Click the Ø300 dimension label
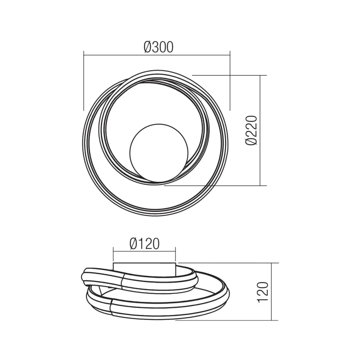(158, 46)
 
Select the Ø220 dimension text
(252, 130)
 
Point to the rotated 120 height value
(264, 292)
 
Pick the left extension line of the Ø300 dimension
(84, 81)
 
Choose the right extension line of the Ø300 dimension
(230, 81)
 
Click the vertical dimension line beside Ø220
(261, 130)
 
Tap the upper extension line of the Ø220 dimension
(229, 75)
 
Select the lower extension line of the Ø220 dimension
(216, 185)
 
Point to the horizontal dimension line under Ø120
(144, 252)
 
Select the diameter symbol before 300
(148, 46)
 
